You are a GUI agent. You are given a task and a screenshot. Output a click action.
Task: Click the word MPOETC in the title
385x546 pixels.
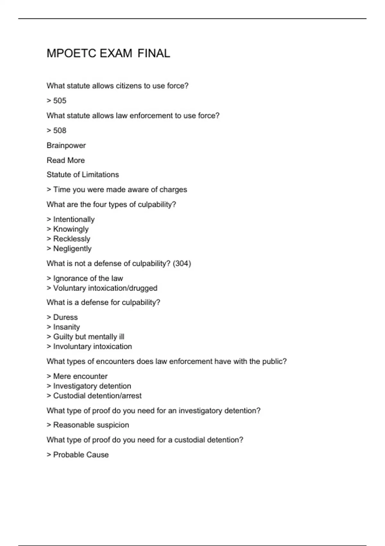click(x=71, y=53)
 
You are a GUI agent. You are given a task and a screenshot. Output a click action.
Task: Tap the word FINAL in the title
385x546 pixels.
click(x=154, y=53)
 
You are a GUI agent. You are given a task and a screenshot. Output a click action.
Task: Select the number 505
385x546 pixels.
click(x=60, y=101)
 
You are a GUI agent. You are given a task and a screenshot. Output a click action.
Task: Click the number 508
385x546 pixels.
click(x=60, y=130)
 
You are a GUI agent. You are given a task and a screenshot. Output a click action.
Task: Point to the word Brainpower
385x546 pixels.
click(x=66, y=145)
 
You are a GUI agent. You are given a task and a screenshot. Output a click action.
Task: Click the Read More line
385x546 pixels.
click(x=66, y=160)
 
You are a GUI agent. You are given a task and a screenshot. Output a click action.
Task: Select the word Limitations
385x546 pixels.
click(x=100, y=175)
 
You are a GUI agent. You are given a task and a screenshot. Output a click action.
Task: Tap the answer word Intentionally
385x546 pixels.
click(x=74, y=219)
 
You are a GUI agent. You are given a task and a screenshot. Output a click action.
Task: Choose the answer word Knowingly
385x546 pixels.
click(x=71, y=229)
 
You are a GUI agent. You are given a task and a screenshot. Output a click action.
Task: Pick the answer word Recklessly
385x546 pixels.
click(x=72, y=239)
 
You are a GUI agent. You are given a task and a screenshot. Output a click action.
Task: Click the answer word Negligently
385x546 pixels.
click(x=72, y=249)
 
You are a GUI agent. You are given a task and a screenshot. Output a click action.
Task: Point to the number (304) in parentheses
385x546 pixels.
click(x=182, y=264)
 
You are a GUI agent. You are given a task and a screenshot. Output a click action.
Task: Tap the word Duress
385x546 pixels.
click(x=65, y=317)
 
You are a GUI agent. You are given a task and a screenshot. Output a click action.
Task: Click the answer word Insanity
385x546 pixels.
click(x=66, y=327)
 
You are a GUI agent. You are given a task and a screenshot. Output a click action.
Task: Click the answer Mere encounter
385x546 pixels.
click(x=80, y=376)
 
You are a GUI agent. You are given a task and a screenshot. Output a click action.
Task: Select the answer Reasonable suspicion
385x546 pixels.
click(x=91, y=425)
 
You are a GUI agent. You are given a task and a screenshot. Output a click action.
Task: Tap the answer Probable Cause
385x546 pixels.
click(x=81, y=455)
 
